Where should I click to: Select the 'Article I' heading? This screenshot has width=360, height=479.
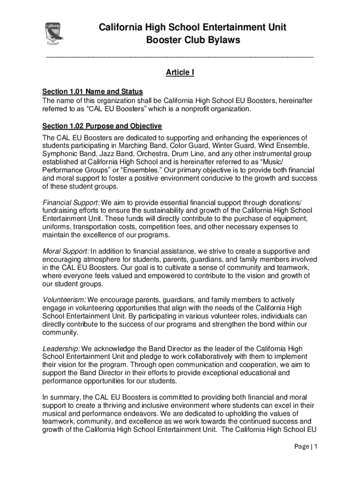[x=180, y=73]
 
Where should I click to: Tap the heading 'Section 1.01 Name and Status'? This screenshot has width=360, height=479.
[x=93, y=91]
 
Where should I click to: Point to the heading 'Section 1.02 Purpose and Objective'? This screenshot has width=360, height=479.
[x=102, y=126]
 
